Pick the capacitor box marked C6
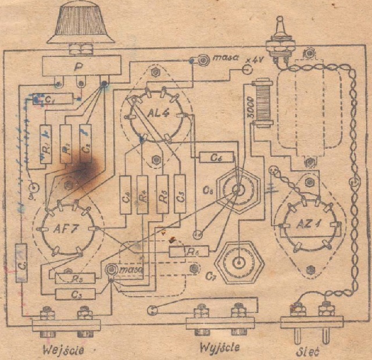click(216, 157)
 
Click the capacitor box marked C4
click(126, 194)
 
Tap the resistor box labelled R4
click(143, 194)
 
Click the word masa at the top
click(224, 59)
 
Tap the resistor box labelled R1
click(48, 145)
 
